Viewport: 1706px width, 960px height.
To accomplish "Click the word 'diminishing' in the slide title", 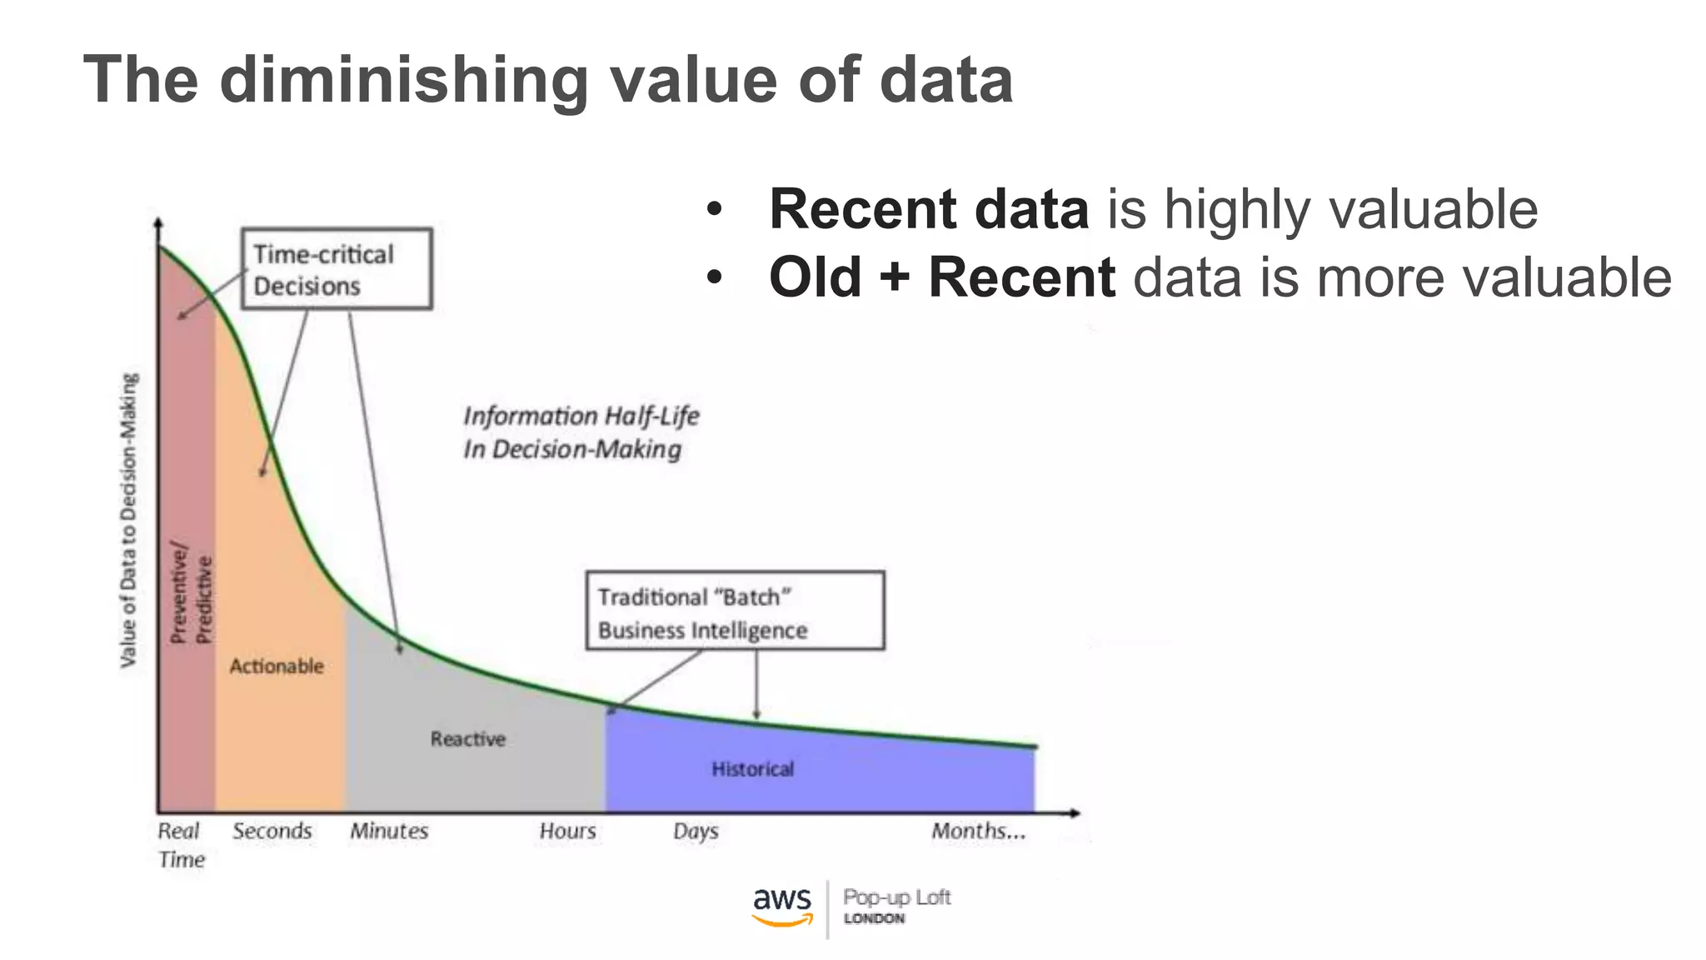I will (x=404, y=81).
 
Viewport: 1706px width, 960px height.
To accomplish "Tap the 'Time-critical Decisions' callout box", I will (x=337, y=269).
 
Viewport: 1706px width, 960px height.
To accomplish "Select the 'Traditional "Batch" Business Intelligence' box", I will (x=735, y=611).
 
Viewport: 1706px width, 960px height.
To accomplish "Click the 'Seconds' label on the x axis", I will (x=272, y=831).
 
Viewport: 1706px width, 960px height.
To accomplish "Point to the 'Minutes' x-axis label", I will (x=388, y=831).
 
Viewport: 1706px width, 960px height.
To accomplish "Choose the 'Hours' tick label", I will (x=567, y=831).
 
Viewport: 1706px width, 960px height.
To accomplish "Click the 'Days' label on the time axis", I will (x=696, y=831).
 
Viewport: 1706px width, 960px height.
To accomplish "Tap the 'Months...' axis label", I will (x=978, y=831).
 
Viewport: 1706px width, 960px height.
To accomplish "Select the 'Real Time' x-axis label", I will (x=180, y=844).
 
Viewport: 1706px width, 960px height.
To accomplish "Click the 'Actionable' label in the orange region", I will (x=277, y=666).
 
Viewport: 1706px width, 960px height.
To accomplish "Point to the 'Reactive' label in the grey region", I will (x=468, y=739).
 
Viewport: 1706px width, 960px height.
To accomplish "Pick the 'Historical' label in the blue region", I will (x=753, y=769).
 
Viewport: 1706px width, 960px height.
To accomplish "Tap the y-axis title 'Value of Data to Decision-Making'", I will (x=128, y=520).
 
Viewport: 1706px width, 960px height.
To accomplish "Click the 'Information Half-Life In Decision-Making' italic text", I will (x=581, y=432).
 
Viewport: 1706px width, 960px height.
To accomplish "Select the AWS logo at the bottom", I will (x=782, y=907).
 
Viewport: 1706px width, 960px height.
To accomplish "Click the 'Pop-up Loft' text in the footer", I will (x=896, y=897).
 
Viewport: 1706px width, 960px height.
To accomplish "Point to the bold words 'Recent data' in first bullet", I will (x=929, y=209).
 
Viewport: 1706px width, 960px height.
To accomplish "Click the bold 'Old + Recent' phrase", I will (x=941, y=277).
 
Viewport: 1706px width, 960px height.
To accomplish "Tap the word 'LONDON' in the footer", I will (x=874, y=918).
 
